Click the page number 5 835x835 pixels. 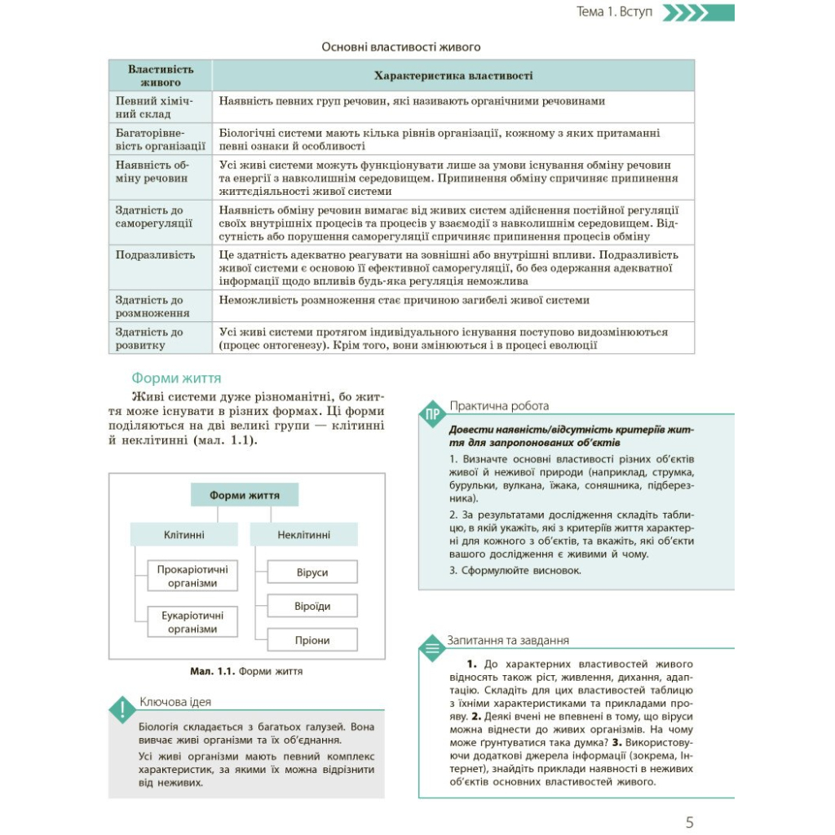coord(690,822)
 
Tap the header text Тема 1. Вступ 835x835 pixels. coord(614,12)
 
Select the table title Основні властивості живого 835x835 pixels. coord(401,47)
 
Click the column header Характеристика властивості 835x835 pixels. coord(453,76)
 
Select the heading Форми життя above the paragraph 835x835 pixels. coord(176,378)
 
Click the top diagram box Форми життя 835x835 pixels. coord(245,495)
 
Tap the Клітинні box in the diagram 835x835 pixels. coord(183,535)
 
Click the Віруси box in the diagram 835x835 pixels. coord(312,572)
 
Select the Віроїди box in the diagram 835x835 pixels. coord(312,607)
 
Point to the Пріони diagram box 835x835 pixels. coord(312,641)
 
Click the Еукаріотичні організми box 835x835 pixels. coord(192,622)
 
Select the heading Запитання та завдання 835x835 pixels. coord(508,641)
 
